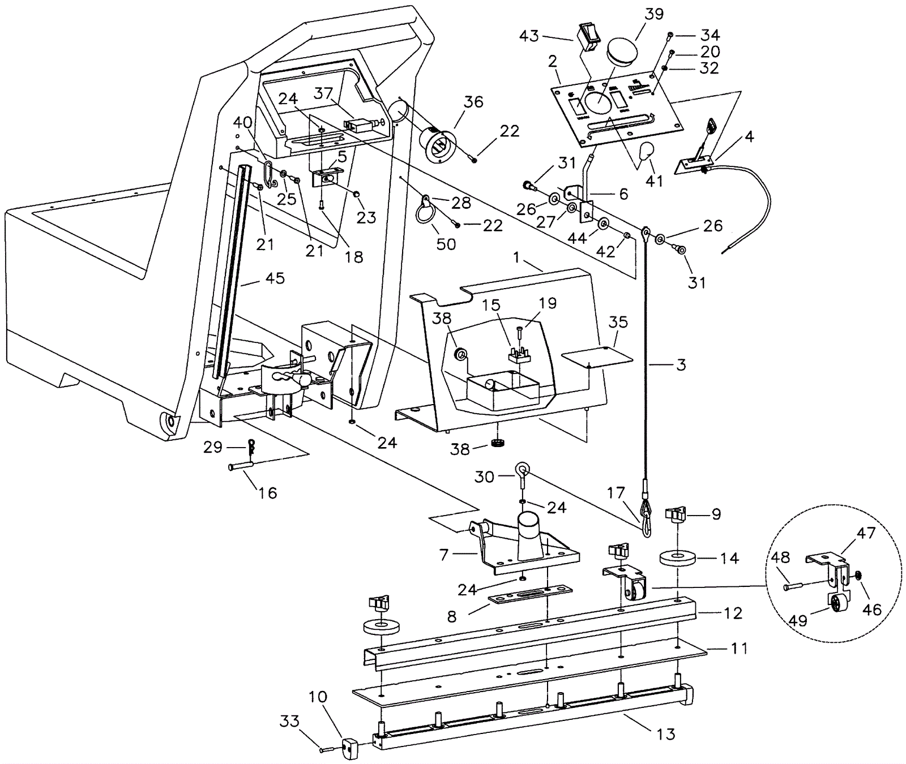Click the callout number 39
[654, 14]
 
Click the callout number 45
[275, 278]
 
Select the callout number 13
[666, 734]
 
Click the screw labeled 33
[327, 749]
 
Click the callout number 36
[473, 102]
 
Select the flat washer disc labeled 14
[677, 557]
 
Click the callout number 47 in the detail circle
[866, 533]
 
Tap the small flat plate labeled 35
[596, 358]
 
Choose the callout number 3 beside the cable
[681, 365]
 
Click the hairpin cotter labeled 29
[251, 447]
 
